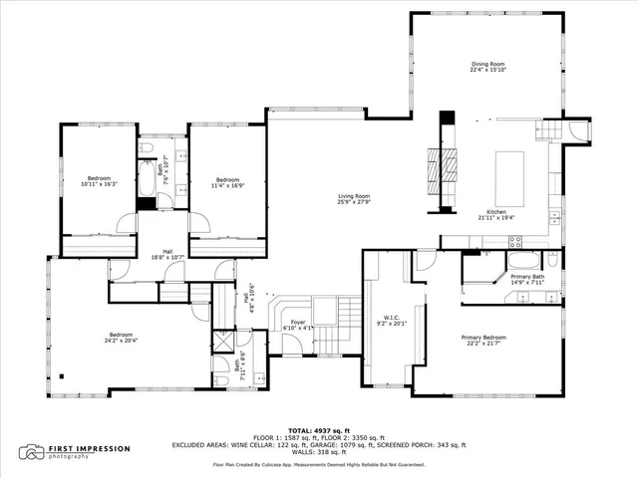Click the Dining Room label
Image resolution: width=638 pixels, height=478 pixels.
487,64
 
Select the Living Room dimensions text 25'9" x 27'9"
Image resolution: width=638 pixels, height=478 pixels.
354,202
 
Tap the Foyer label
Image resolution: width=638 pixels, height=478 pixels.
298,322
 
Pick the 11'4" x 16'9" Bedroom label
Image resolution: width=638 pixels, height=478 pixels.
228,179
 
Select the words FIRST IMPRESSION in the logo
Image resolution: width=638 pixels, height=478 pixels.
90,448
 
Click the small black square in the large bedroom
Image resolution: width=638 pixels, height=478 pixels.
61,376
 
